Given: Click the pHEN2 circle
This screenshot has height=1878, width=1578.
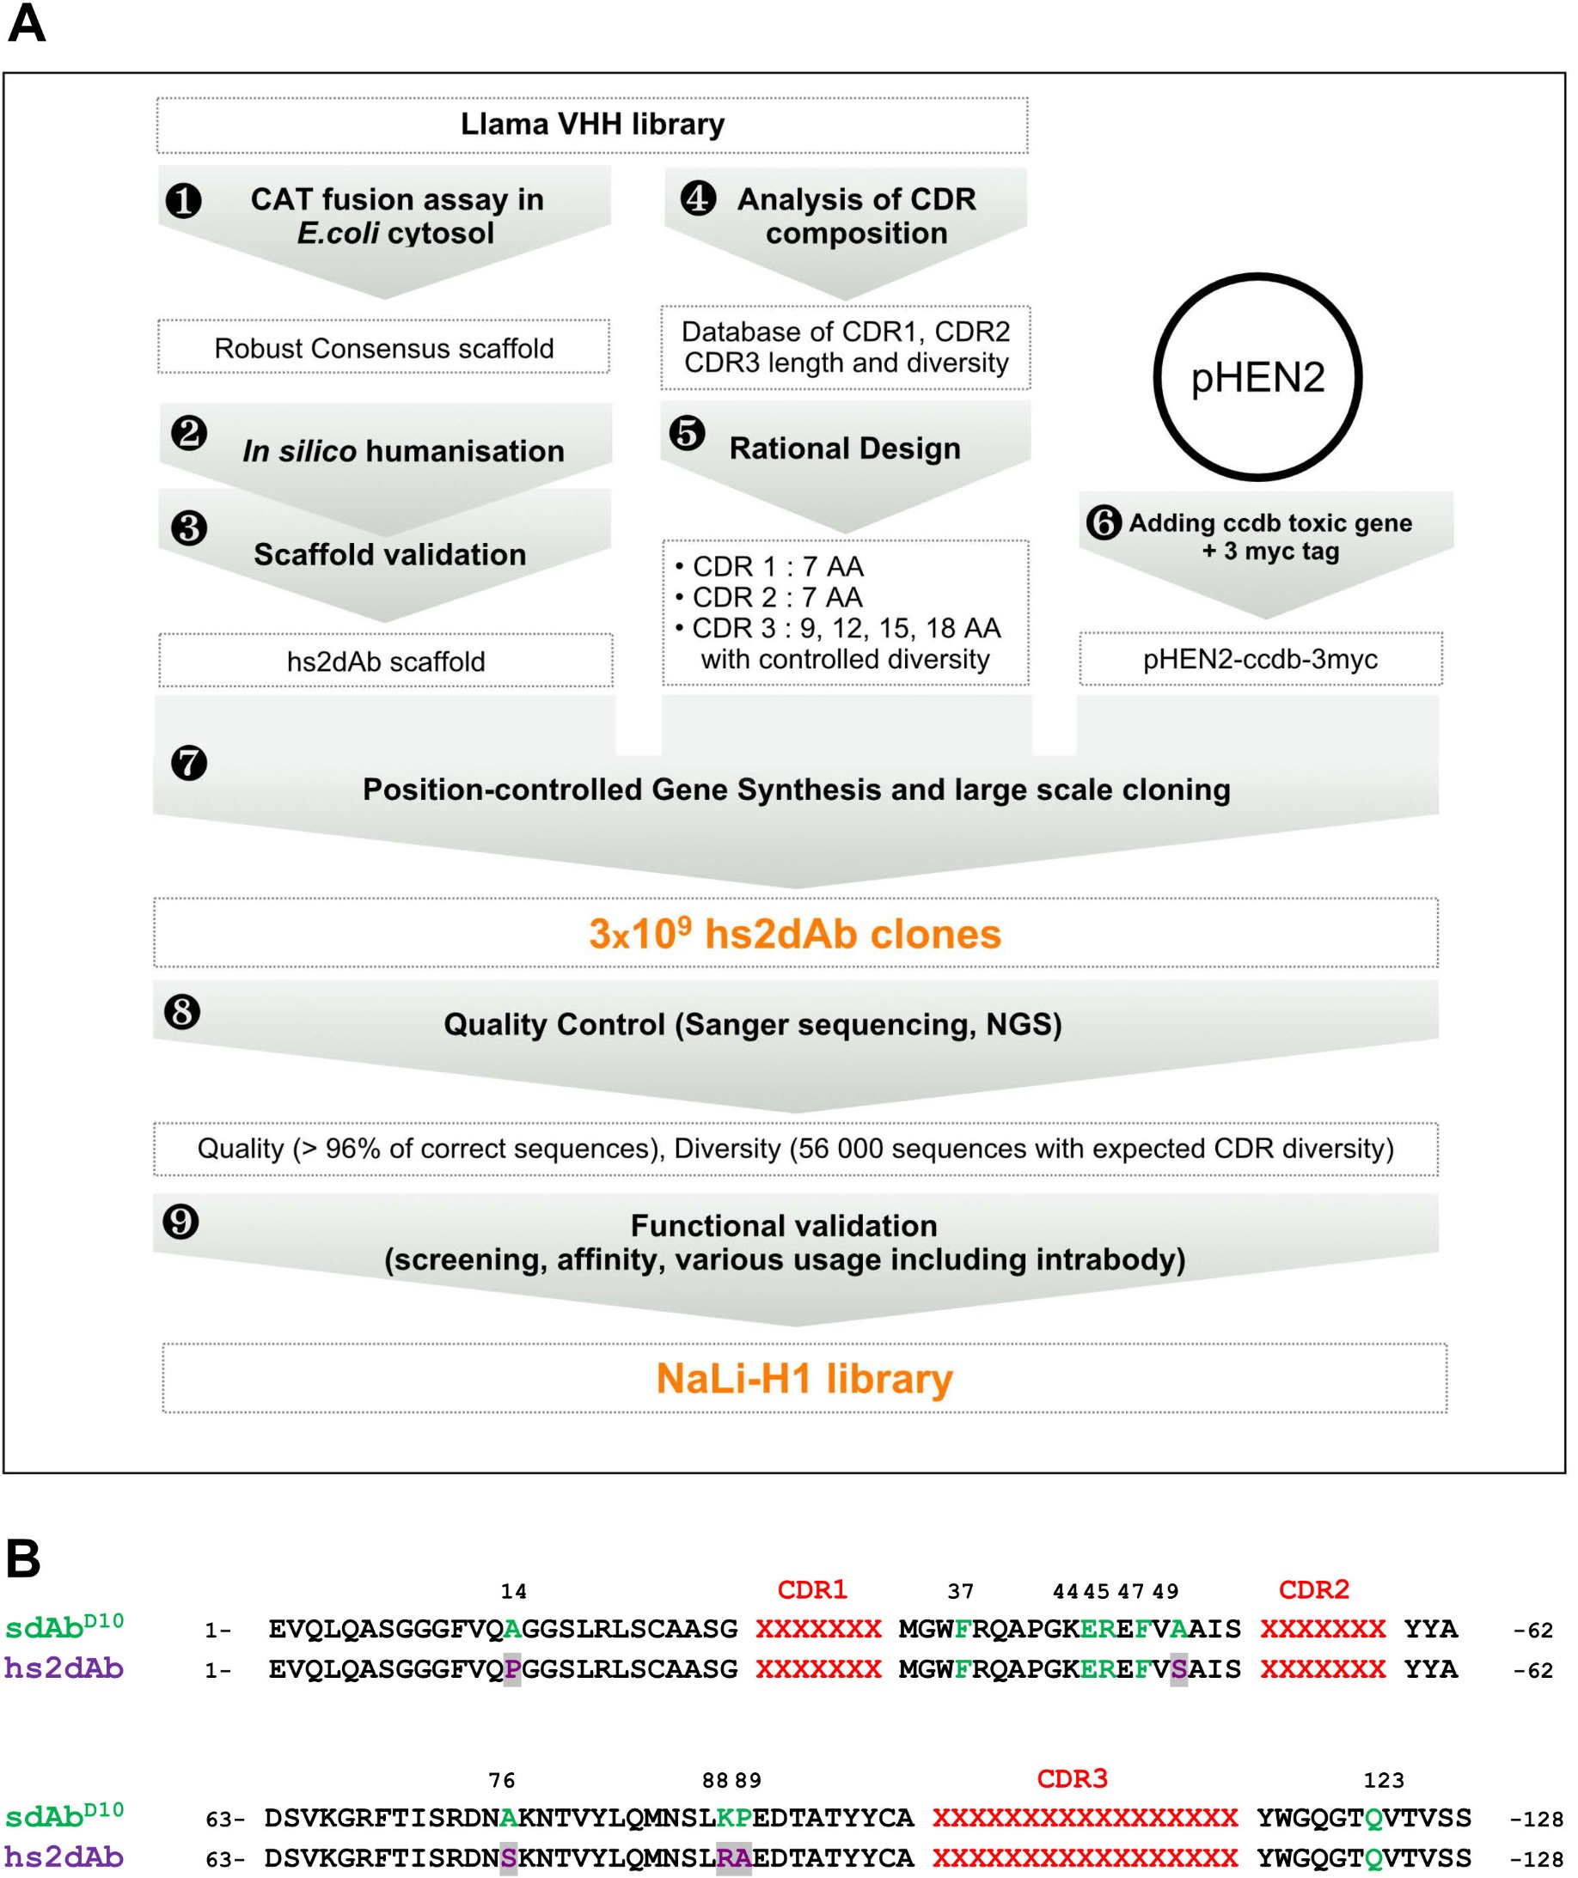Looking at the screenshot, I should click(x=1257, y=376).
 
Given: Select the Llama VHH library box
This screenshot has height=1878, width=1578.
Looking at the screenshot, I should click(x=592, y=125).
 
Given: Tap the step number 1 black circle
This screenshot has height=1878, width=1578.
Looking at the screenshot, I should click(x=184, y=200).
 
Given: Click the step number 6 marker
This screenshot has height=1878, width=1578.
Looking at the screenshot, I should click(x=1104, y=522).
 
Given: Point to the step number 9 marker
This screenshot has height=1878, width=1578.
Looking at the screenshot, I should click(x=180, y=1221).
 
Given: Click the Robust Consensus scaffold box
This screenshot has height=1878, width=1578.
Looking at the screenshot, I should click(x=384, y=348).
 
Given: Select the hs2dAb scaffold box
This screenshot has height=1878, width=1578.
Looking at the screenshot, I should click(x=386, y=661).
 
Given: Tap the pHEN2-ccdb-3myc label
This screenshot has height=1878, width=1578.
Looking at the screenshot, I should click(x=1259, y=659).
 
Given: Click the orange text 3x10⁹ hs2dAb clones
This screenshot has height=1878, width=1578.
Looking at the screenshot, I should click(x=794, y=934).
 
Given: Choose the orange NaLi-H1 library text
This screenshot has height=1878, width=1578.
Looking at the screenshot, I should click(x=804, y=1378).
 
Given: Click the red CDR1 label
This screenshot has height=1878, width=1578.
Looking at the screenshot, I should click(x=811, y=1589).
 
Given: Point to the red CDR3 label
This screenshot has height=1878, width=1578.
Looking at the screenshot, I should click(x=1072, y=1778).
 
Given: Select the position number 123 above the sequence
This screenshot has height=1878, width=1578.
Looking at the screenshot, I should click(x=1383, y=1781).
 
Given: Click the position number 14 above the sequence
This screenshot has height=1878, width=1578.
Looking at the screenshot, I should click(x=513, y=1592).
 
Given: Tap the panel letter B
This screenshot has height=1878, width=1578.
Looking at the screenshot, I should click(x=23, y=1559).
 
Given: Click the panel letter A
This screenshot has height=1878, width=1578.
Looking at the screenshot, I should click(x=26, y=25).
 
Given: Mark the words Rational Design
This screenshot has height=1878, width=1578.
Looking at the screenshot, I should click(x=845, y=448).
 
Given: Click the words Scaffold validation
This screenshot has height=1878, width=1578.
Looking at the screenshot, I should click(x=389, y=554).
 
